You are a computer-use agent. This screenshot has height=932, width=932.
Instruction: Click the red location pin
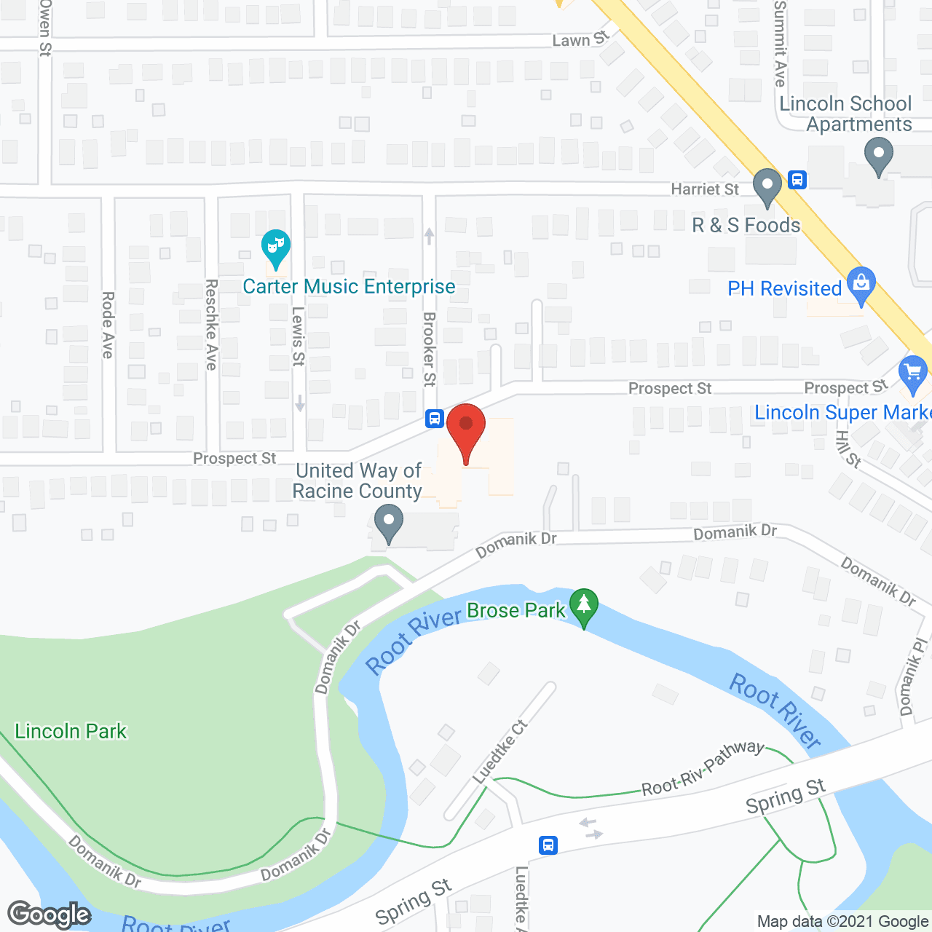coord(466,430)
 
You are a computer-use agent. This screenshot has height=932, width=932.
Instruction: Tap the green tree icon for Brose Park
coord(583,606)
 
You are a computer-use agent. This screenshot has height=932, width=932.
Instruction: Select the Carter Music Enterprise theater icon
coord(275,248)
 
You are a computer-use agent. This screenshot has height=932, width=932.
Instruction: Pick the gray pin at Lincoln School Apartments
coord(878,157)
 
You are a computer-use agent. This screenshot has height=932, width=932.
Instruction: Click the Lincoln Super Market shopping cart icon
coord(913,374)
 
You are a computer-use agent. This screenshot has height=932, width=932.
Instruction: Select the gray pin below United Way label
coord(388,524)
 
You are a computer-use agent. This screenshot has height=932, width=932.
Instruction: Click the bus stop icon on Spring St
coord(548,845)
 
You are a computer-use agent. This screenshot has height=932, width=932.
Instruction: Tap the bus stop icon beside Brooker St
coord(435,419)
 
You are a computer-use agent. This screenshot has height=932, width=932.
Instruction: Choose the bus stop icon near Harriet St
coord(797,179)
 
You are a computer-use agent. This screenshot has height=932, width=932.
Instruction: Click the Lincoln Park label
coord(71,731)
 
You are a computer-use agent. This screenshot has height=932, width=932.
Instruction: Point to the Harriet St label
coord(705,189)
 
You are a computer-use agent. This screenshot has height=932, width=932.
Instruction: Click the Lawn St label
coord(580,39)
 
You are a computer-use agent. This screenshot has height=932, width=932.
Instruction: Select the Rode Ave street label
coord(108,325)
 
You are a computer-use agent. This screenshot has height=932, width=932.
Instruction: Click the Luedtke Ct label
coord(499,751)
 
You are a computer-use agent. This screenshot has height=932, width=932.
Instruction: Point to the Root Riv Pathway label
coord(703,767)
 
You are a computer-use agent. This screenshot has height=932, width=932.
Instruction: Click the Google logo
coord(50,915)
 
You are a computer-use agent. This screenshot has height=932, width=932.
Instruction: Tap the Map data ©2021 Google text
coord(843,922)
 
